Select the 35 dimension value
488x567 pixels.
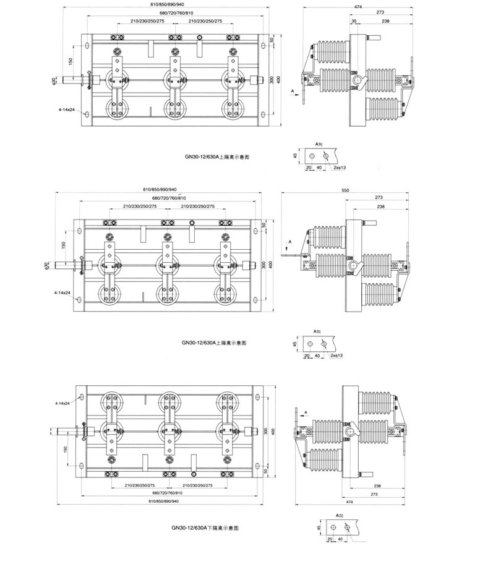pyautogui.click(x=354, y=21)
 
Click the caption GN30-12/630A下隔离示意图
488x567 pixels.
pyautogui.click(x=205, y=528)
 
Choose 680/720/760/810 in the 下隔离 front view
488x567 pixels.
pyautogui.click(x=171, y=492)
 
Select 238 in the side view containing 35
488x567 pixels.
pyautogui.click(x=385, y=21)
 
